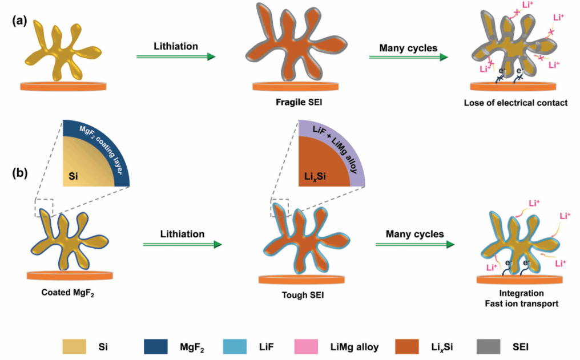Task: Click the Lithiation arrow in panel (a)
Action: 176,56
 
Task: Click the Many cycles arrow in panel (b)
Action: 415,245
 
